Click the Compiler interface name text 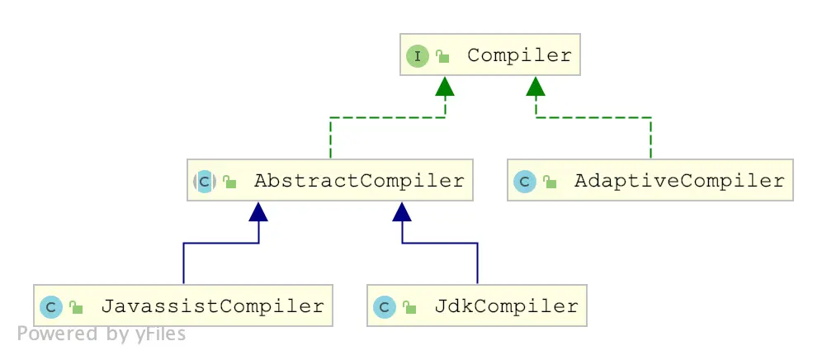(x=518, y=55)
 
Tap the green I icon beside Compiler (x=418, y=56)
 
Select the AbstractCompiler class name (x=359, y=181)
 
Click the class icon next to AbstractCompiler (x=205, y=182)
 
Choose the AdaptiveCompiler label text (x=678, y=181)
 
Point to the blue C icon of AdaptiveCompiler (x=524, y=182)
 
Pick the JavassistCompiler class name (x=212, y=306)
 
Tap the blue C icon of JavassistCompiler (x=51, y=307)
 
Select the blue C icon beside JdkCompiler (x=384, y=307)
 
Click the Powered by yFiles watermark (x=102, y=334)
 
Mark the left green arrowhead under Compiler (x=445, y=85)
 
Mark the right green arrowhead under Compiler (x=536, y=85)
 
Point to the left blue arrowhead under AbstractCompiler (x=259, y=211)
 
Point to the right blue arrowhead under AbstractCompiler (x=402, y=211)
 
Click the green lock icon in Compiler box (x=442, y=57)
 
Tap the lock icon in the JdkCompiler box (x=409, y=308)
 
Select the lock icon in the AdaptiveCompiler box (x=549, y=182)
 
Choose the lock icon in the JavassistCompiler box (x=76, y=308)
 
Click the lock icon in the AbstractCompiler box (x=229, y=182)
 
